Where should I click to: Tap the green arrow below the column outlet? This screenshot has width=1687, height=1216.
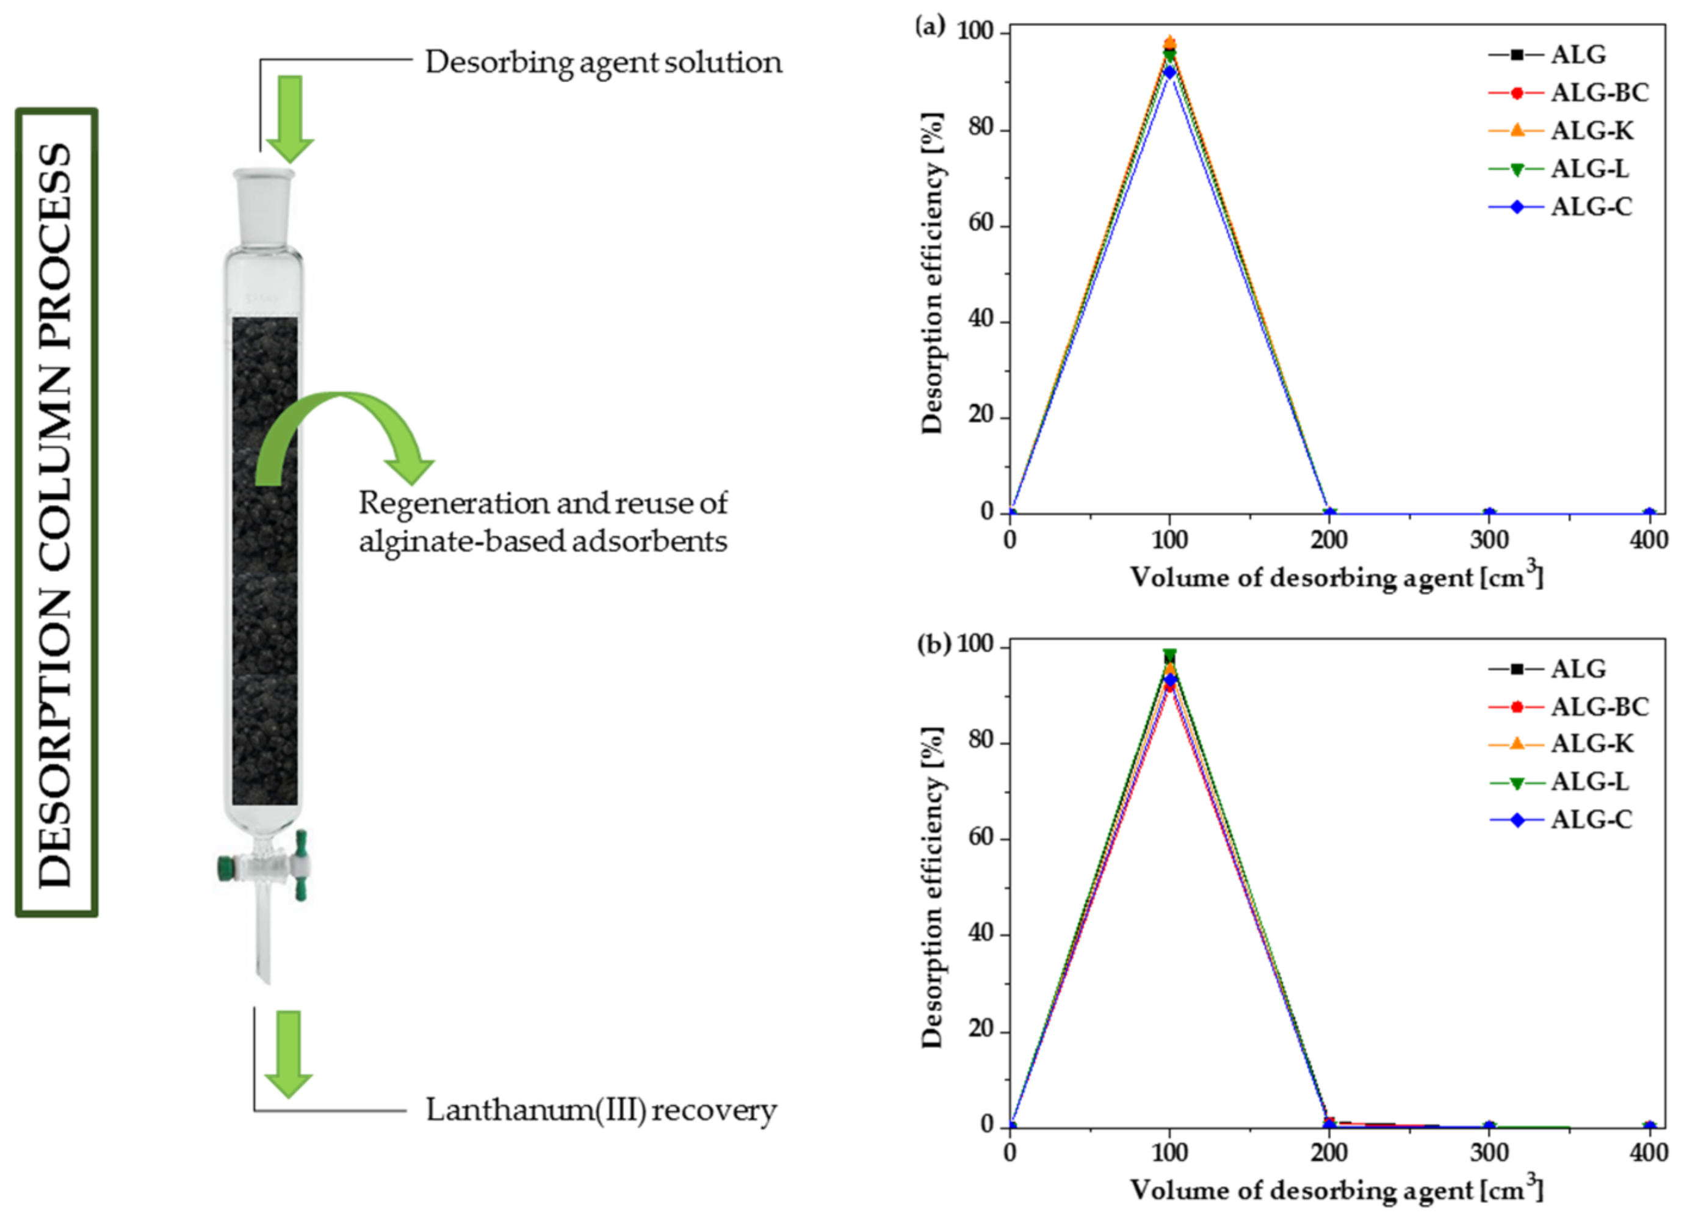tap(288, 1053)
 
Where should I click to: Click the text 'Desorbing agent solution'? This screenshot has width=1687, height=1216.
tap(603, 62)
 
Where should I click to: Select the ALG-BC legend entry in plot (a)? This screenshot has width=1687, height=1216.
tap(1599, 93)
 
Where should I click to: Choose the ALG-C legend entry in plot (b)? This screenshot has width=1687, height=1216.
tap(1591, 820)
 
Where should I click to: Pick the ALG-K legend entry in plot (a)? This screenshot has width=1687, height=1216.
tap(1592, 131)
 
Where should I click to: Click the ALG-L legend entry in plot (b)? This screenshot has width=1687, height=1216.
tap(1589, 781)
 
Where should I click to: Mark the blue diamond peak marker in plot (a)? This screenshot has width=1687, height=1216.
tap(1169, 72)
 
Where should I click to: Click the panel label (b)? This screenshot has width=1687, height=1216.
tap(933, 644)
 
